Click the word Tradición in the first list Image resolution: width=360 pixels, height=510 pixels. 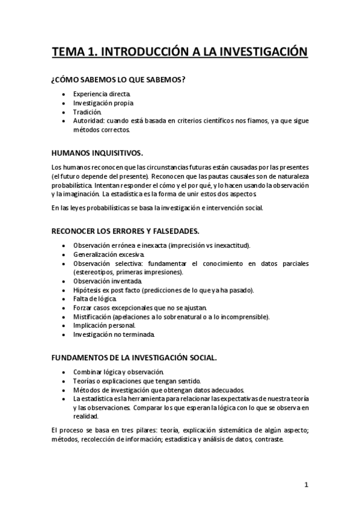(88, 112)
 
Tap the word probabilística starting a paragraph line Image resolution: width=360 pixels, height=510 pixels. (72, 185)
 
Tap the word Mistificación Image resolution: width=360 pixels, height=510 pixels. (91, 316)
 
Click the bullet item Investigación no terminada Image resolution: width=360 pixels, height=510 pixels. (114, 334)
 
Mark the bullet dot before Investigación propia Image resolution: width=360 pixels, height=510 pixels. (64, 103)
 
